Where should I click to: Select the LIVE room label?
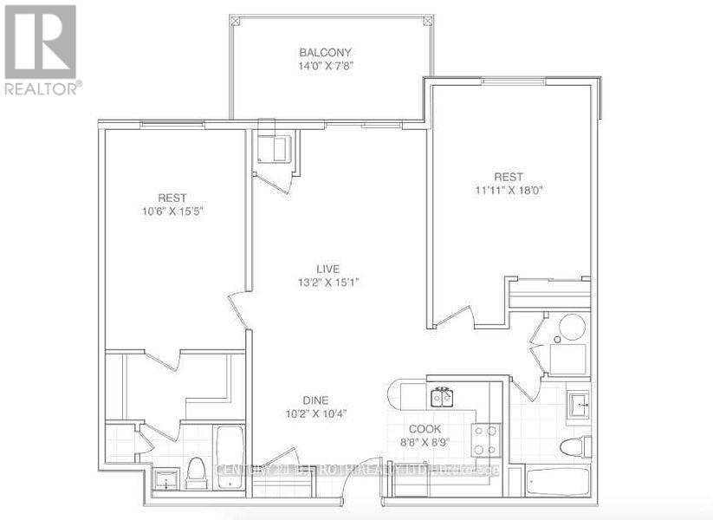[326, 267]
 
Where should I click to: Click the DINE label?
[315, 400]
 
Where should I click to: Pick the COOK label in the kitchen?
[425, 429]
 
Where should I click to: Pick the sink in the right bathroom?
[579, 404]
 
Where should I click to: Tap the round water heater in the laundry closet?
[571, 328]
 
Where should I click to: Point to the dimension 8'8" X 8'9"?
[425, 442]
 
